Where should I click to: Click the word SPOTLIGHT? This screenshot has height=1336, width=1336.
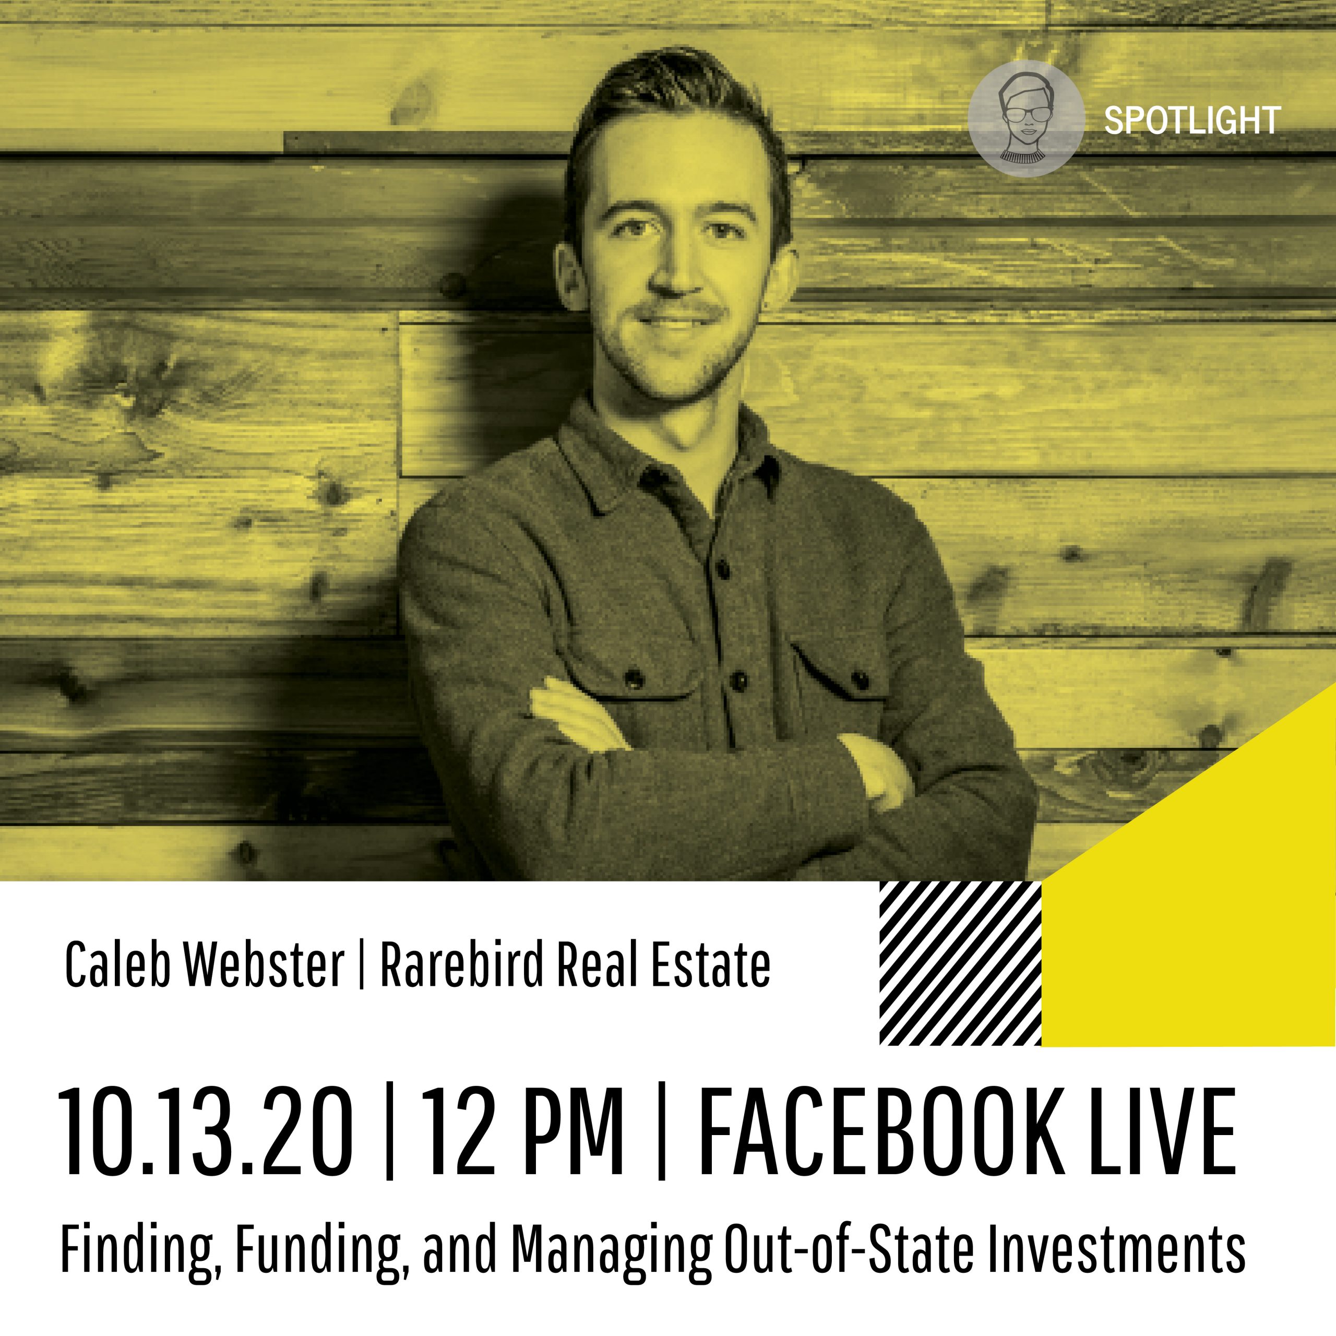pos(1191,121)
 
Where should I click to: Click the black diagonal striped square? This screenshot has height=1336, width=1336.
pos(960,963)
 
